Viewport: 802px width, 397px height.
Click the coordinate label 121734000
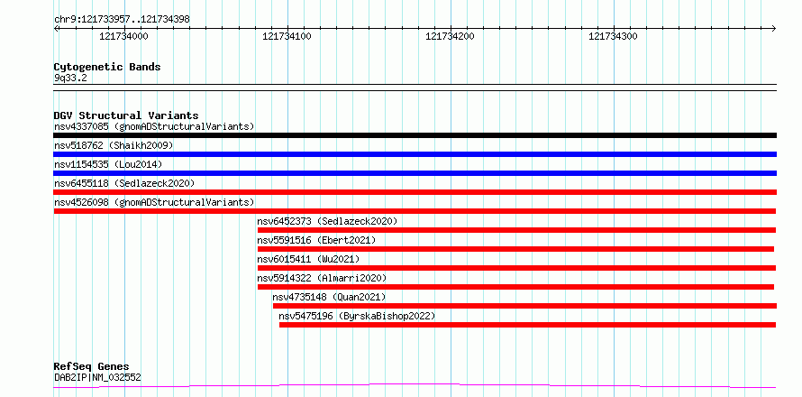(x=123, y=36)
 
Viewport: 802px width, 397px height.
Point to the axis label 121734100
(x=287, y=36)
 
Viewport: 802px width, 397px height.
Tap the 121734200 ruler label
(x=450, y=36)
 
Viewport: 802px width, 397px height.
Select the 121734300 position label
(x=614, y=36)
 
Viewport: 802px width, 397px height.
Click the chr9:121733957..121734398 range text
(x=122, y=20)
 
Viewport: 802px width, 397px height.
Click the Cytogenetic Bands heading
(x=107, y=67)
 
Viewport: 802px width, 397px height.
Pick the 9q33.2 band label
(x=70, y=78)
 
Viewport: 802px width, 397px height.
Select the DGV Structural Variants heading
(x=126, y=115)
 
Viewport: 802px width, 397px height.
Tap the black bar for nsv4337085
(x=415, y=135)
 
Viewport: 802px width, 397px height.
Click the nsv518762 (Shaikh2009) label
(x=114, y=145)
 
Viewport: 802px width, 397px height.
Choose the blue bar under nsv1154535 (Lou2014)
(x=415, y=173)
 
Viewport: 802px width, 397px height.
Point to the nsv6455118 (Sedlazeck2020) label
(x=124, y=183)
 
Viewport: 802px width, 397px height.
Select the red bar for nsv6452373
(x=516, y=230)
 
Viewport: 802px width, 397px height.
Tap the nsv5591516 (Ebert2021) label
(x=316, y=240)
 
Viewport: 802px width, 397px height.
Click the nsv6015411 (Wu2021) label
(x=308, y=259)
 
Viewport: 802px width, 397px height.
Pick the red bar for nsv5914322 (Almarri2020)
(x=515, y=287)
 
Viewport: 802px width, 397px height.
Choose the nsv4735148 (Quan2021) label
(x=329, y=297)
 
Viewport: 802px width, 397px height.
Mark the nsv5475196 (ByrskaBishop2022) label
(x=357, y=316)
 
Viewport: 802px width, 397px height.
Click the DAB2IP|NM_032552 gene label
(x=97, y=377)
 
